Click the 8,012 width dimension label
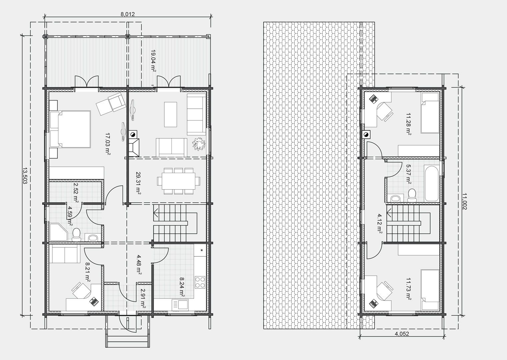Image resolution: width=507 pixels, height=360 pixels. (128, 14)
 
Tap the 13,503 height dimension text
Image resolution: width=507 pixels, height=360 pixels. (25, 176)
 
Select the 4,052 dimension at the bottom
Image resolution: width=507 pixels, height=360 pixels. (402, 334)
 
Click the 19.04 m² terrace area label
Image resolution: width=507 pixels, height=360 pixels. (153, 61)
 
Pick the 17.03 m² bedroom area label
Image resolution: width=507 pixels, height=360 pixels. (108, 144)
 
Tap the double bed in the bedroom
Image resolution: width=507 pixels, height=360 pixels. (70, 129)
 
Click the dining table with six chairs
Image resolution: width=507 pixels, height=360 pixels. (179, 181)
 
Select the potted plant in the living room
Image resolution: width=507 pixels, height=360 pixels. (199, 144)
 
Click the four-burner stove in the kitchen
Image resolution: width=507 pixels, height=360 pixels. (200, 282)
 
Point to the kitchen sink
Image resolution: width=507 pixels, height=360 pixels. (180, 305)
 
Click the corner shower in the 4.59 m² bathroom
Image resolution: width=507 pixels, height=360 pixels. (59, 232)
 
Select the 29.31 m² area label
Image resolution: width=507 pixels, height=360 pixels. (139, 183)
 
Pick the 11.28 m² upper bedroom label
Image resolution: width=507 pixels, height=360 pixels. (409, 124)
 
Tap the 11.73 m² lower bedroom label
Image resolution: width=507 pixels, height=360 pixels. (409, 289)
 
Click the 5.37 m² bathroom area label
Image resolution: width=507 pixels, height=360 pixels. (408, 174)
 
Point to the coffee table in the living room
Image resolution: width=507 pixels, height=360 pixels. (171, 114)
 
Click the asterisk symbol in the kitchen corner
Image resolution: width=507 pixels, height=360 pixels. (201, 250)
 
